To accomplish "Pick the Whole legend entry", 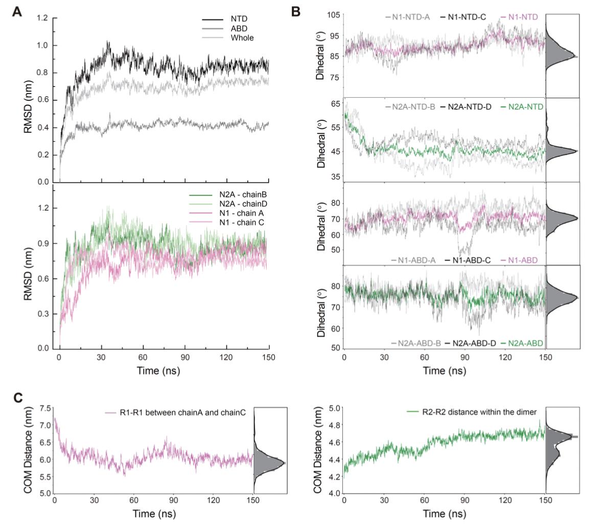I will tap(242, 38).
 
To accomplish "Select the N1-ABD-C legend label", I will tap(469, 260).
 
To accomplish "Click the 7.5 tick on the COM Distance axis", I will tap(44, 408).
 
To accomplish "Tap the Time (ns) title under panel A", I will tap(158, 370).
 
